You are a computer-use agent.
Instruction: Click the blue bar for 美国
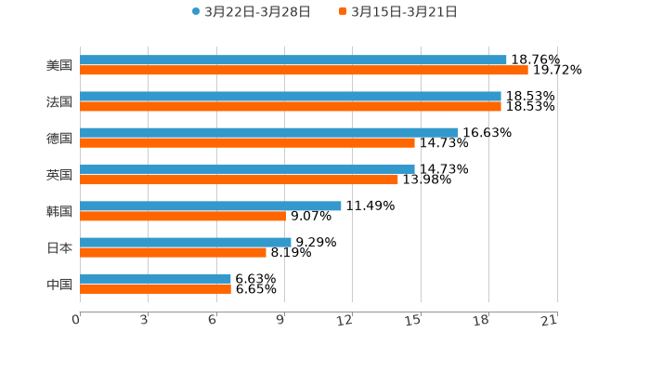[x=293, y=60]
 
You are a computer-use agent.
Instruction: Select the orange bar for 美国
[x=304, y=71]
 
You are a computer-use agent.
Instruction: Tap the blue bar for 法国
[x=291, y=97]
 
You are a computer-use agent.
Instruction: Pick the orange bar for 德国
[x=247, y=143]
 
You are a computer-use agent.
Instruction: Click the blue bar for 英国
[x=247, y=169]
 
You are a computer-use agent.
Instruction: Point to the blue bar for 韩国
[x=211, y=206]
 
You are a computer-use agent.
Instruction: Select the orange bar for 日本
[x=173, y=252]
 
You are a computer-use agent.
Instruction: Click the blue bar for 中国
[x=155, y=278]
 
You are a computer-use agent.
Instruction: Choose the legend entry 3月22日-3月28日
[x=252, y=12]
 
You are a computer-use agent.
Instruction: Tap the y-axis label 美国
[x=59, y=66]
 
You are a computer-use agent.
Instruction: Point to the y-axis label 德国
[x=59, y=139]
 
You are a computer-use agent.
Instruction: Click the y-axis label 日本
[x=59, y=247]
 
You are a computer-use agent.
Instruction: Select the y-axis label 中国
[x=59, y=284]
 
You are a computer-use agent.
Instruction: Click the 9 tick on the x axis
[x=281, y=320]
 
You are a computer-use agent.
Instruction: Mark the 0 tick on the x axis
[x=77, y=320]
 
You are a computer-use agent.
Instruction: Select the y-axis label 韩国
[x=59, y=211]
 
